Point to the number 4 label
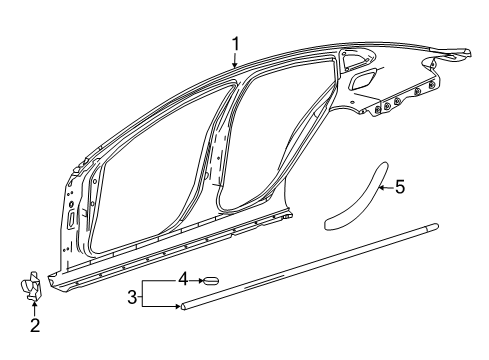coord(182,279)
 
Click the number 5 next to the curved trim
coord(400,186)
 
